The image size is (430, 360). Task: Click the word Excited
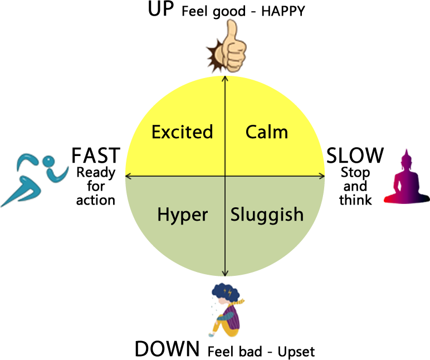[x=182, y=132]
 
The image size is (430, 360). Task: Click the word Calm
[x=267, y=132]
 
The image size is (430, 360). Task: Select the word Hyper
[x=182, y=215]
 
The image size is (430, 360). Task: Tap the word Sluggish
[x=267, y=215]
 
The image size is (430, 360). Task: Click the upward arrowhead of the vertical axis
[x=225, y=77]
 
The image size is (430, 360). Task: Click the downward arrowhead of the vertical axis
[x=225, y=274]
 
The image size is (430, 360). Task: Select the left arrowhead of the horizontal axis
[x=128, y=176]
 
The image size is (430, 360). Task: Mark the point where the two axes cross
[x=225, y=176]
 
